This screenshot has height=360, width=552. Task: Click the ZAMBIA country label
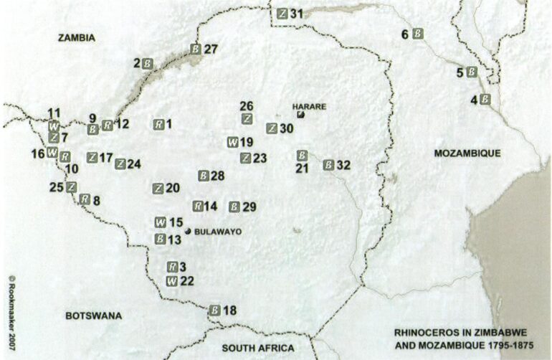[77, 38]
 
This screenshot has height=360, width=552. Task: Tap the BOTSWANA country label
[94, 316]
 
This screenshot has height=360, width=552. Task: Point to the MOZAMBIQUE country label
[467, 153]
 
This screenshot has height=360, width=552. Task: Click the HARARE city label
[310, 106]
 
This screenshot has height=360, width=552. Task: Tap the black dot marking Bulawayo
[187, 231]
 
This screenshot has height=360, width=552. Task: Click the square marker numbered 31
[283, 13]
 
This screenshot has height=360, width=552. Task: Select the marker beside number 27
[196, 49]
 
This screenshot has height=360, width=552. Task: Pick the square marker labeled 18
[214, 311]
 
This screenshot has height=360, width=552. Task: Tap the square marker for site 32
[328, 164]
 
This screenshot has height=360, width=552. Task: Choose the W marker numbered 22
[172, 280]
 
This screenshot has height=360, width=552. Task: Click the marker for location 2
[147, 63]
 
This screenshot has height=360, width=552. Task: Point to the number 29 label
[249, 207]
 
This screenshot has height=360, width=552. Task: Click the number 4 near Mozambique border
[474, 100]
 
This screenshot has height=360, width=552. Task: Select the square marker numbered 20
[158, 188]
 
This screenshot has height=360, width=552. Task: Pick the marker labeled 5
[471, 72]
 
